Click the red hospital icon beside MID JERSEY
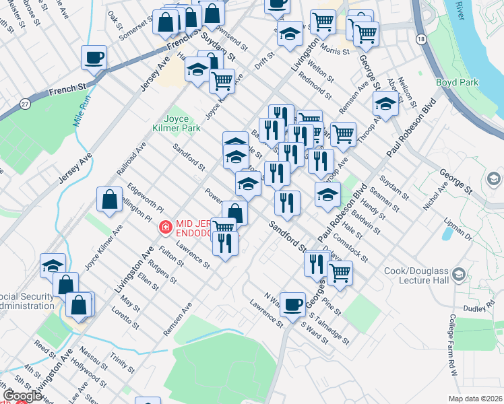pos(164,228)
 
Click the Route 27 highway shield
pos(25,104)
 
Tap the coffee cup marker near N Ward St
pos(293,304)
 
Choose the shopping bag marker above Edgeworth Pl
pos(109,200)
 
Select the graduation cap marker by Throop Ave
pos(385,104)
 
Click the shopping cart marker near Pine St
pos(340,273)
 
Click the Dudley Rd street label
pos(474,309)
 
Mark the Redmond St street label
pos(315,86)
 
